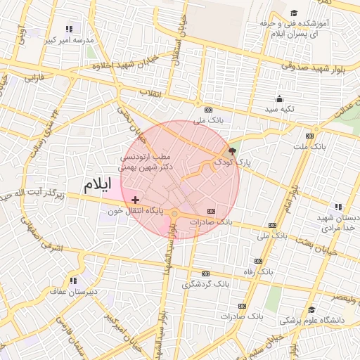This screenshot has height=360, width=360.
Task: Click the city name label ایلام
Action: (x=98, y=186)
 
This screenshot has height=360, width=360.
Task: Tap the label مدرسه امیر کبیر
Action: (x=69, y=41)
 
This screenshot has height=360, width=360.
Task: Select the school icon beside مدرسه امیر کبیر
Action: (x=69, y=30)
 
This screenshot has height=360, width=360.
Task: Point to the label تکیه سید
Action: (x=279, y=110)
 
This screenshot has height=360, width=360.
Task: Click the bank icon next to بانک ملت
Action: (x=309, y=136)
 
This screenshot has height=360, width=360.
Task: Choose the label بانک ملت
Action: (x=309, y=146)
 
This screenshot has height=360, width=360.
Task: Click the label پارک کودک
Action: (x=233, y=162)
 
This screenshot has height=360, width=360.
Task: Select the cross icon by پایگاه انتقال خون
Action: (x=135, y=201)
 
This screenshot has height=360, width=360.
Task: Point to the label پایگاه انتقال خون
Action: (x=136, y=210)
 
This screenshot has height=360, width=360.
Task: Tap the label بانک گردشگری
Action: (x=206, y=284)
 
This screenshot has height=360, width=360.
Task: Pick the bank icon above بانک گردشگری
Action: (x=205, y=274)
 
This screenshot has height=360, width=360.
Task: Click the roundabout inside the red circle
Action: (x=174, y=213)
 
